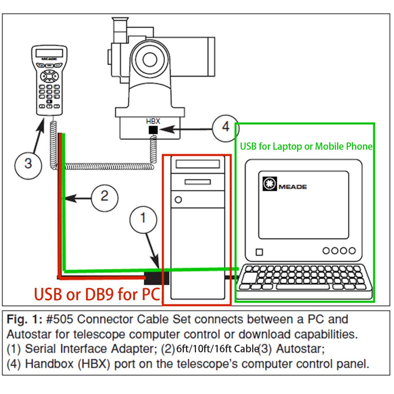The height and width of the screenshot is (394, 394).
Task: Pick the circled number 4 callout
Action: [x=226, y=127]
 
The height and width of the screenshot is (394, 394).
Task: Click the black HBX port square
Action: [x=153, y=130]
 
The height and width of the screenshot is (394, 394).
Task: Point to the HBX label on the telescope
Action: [x=153, y=121]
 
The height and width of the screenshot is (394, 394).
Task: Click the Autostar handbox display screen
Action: [x=49, y=53]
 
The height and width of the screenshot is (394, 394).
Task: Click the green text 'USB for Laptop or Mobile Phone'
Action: [x=306, y=146]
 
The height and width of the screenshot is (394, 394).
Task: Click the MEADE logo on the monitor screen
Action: [x=285, y=185]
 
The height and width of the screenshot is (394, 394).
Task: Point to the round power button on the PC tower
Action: [x=179, y=200]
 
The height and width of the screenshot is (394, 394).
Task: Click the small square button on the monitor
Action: [x=259, y=252]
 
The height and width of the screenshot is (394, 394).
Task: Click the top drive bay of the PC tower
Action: [x=198, y=164]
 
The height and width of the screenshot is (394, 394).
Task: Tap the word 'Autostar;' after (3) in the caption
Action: [x=300, y=349]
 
